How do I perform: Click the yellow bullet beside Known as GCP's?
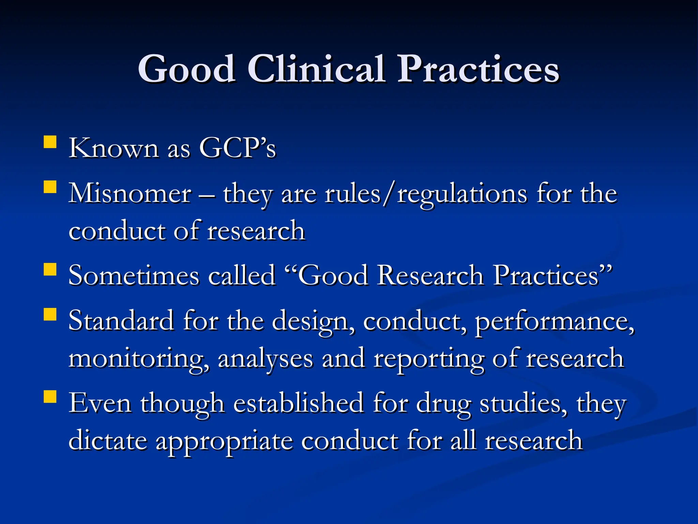(50, 142)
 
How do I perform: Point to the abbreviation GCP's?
(237, 148)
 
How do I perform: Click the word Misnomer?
(130, 193)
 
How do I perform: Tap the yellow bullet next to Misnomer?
(50, 187)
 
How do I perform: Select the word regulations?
(462, 194)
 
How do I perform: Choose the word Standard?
(121, 321)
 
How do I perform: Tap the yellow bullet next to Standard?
(50, 315)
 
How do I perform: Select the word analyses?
(265, 359)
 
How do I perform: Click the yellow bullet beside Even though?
(50, 397)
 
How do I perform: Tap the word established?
(298, 403)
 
